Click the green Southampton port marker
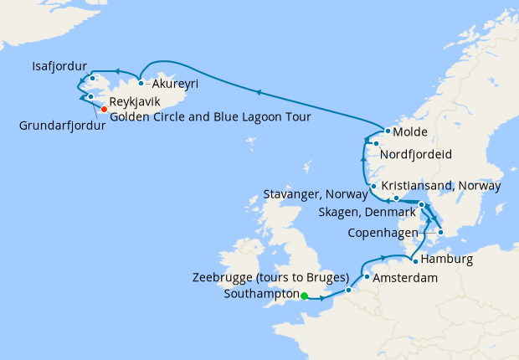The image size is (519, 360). [305, 296]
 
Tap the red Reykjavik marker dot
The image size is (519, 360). [104, 109]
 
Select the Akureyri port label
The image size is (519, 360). [174, 84]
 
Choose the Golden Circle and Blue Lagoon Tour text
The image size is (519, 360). [210, 117]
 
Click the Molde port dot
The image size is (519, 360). [387, 132]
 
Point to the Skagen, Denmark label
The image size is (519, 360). [366, 213]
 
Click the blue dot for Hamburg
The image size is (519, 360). [415, 261]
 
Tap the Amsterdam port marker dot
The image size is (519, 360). [367, 276]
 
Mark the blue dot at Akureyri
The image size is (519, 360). [141, 83]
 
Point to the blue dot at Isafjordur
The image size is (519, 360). [92, 79]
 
